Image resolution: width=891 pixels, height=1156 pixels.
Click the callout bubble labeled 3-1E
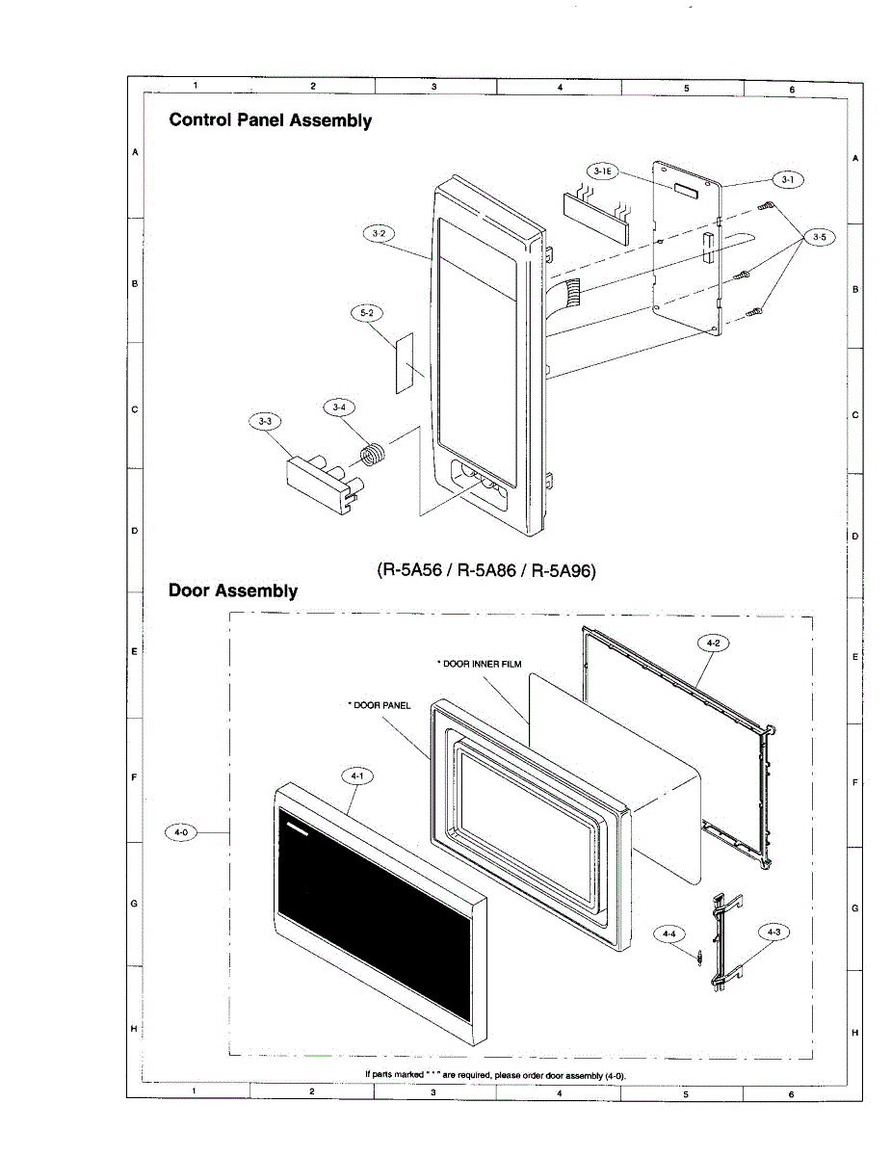point(603,171)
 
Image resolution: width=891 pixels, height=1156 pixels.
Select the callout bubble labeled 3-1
point(787,179)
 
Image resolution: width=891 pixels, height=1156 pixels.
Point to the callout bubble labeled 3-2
point(378,234)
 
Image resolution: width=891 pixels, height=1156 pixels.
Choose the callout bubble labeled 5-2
point(366,314)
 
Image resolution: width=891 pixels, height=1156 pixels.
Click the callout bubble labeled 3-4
point(338,408)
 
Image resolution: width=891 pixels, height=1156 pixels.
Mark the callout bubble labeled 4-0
point(181,832)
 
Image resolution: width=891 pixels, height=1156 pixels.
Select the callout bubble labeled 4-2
point(712,644)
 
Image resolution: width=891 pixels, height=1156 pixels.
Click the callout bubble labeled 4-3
point(773,932)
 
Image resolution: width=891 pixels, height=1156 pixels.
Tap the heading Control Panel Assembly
point(270,120)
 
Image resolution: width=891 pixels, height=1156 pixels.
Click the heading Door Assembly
point(233,591)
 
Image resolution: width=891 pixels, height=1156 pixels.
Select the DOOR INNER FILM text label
point(480,664)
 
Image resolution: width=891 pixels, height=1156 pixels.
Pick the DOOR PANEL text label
point(380,705)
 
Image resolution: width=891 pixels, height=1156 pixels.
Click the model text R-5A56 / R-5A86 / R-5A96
point(486,570)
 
